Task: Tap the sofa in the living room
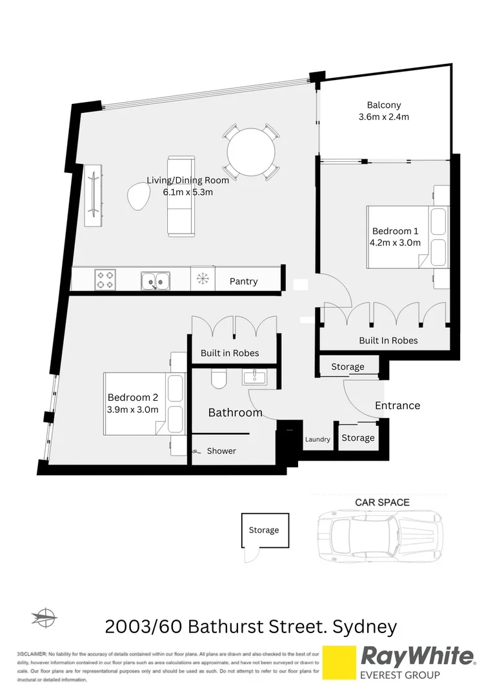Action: (181, 196)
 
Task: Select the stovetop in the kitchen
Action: (105, 280)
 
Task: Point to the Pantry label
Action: (243, 281)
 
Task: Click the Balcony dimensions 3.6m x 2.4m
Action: (384, 117)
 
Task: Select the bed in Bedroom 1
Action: (407, 237)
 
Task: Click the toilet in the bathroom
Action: (218, 379)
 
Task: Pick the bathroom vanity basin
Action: (259, 377)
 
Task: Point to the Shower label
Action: (221, 451)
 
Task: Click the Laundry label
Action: (317, 439)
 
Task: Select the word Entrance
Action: (397, 405)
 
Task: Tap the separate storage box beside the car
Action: (265, 530)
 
